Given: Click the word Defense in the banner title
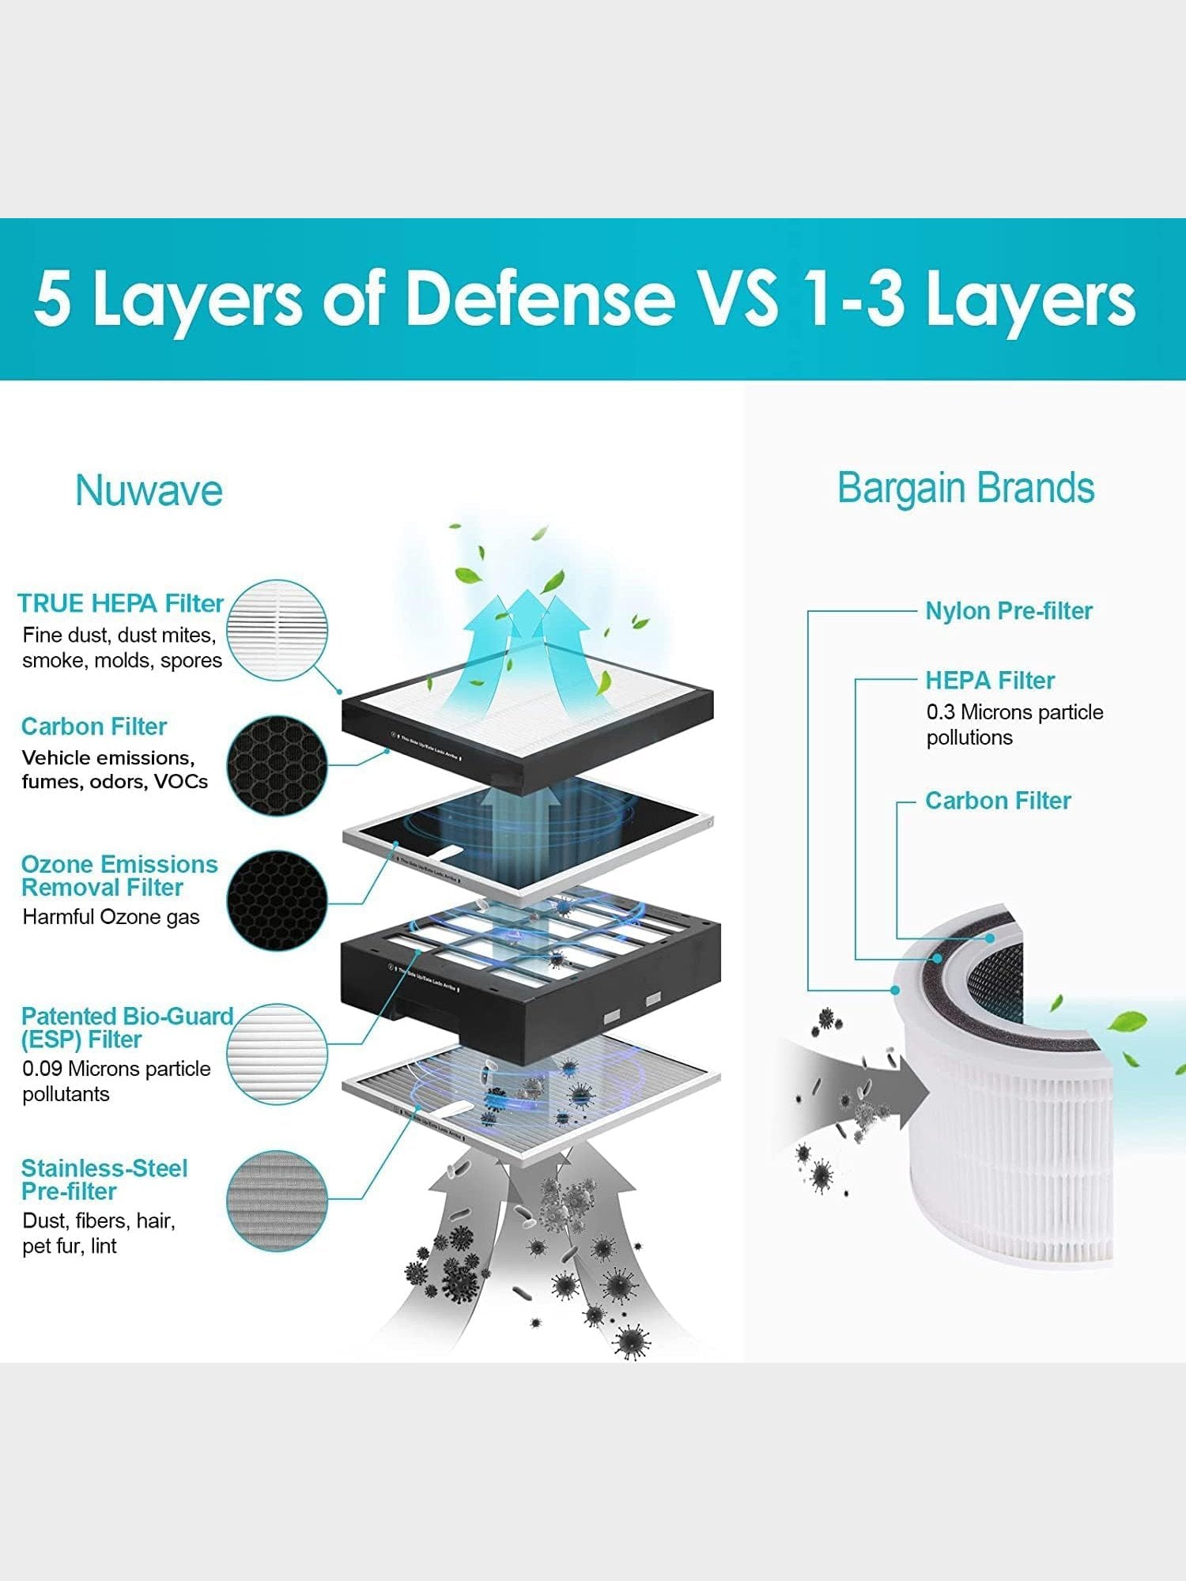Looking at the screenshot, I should pos(540,298).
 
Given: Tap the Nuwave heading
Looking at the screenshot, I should pos(149,490).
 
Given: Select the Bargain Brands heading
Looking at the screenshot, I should pos(965,488).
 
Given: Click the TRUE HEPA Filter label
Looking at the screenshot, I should pos(120,603).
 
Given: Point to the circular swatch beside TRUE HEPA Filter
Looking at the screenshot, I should pos(278,630).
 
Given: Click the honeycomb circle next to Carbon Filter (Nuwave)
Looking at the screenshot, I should pos(278,765).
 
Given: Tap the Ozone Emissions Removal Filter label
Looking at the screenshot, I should pos(119,875).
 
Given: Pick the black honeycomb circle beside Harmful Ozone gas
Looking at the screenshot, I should pos(278,900).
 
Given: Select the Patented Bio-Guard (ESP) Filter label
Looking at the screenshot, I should pos(127,1027).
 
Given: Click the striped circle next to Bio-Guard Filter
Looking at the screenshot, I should pos(278,1054).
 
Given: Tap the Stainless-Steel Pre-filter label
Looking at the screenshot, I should pos(104,1179).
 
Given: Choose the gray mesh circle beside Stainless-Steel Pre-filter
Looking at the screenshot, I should pos(278,1200).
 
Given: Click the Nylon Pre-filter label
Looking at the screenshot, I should pos(1009,610).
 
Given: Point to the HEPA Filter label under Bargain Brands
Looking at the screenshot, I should pos(990,680).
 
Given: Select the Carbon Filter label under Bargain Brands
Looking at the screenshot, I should pos(998,801).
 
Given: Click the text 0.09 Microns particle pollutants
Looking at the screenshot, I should pos(116,1081).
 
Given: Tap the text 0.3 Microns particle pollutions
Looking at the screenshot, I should pos(1014,724).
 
